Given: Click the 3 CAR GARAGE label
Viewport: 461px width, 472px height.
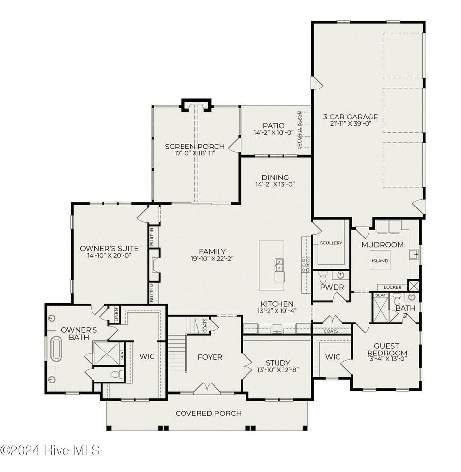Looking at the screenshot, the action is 350,117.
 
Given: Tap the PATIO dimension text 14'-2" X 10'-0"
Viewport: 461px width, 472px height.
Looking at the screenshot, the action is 274,132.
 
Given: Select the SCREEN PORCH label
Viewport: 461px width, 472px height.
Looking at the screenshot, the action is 195,147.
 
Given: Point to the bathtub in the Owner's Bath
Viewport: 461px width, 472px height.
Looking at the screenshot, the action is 56,349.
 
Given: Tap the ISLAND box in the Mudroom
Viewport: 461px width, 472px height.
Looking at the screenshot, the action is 380,261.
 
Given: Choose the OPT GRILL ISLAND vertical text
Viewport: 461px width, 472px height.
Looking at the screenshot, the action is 299,130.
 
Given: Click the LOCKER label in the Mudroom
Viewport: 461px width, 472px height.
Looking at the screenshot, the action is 392,287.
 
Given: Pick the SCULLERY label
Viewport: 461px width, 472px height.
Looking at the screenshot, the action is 331,243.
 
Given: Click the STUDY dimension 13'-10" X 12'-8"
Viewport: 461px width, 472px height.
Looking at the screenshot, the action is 277,370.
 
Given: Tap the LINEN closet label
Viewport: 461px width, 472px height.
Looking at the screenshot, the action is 116,314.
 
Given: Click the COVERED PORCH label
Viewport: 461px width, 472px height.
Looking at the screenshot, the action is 208,413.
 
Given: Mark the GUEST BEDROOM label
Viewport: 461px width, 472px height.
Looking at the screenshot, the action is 387,349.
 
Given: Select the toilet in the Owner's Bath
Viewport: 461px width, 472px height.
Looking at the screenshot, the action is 118,374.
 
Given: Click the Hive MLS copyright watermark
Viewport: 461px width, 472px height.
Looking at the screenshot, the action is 50,450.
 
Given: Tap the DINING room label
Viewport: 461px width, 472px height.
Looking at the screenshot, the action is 275,177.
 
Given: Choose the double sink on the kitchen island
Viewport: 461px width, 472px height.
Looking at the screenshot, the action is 279,265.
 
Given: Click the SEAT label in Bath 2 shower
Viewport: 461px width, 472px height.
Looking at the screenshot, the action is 380,295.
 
